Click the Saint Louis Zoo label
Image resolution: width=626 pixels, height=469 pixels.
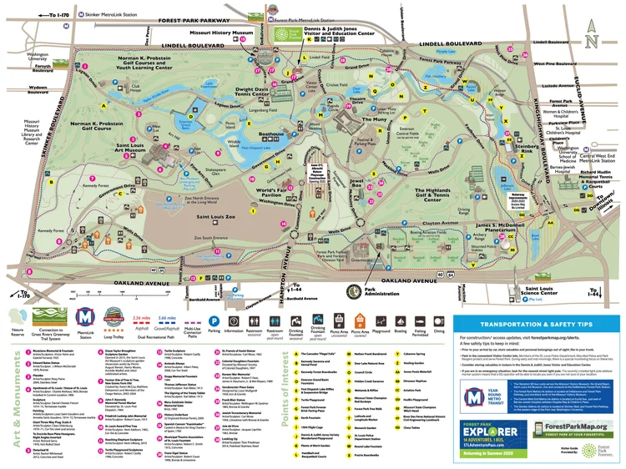(215, 216)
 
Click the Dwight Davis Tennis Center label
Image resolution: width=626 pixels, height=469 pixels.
(261, 94)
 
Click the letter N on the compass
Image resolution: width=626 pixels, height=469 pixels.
(591, 41)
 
